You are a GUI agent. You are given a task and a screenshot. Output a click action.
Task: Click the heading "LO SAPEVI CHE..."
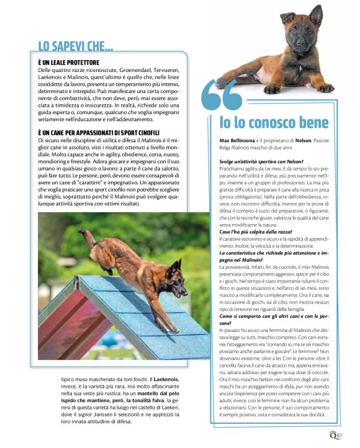point(76,46)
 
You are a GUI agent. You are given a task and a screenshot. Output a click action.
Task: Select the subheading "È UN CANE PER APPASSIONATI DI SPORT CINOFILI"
point(99,133)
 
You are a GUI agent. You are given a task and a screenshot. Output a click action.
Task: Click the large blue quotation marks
point(222,94)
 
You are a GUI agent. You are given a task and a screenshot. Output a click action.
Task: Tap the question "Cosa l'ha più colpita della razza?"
point(248,231)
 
